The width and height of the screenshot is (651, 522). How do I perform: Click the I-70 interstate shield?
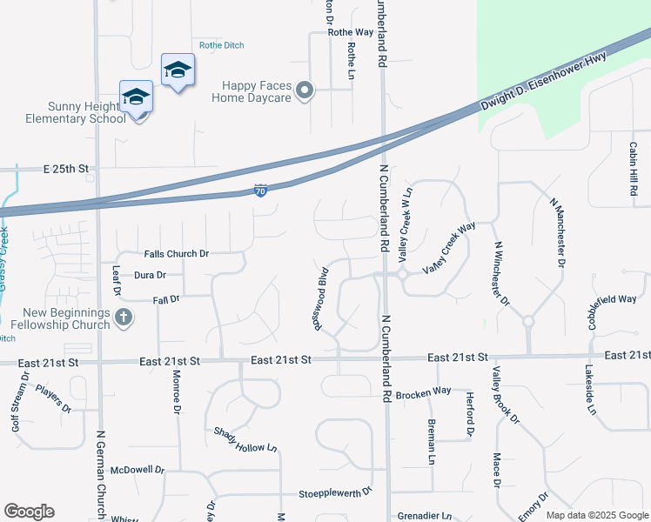click(x=260, y=190)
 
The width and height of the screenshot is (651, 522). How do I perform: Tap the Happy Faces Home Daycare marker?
click(x=305, y=90)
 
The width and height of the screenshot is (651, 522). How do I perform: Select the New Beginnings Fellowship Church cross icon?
click(x=124, y=318)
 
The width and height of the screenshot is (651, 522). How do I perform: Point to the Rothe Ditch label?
click(x=221, y=44)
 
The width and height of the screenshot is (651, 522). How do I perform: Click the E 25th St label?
click(x=67, y=167)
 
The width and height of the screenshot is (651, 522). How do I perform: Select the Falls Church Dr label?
click(x=177, y=254)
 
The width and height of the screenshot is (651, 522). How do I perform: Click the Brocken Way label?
click(x=423, y=393)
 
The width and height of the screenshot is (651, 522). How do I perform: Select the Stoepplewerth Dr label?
click(x=335, y=492)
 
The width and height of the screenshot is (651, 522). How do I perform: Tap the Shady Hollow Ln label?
click(x=245, y=440)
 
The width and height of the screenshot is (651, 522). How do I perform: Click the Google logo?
click(x=29, y=512)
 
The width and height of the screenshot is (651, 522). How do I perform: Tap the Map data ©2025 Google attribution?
click(x=597, y=514)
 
